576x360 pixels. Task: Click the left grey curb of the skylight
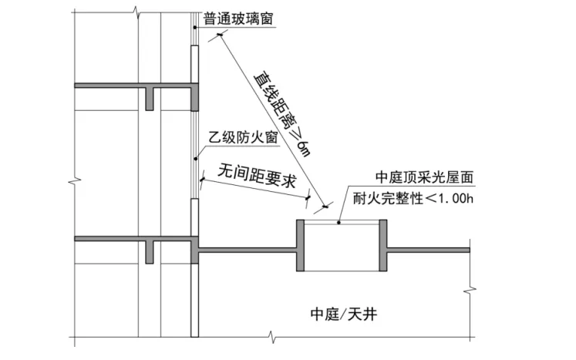(301, 246)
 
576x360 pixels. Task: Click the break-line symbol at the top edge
(136, 10)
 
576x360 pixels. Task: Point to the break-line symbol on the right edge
(470, 291)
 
